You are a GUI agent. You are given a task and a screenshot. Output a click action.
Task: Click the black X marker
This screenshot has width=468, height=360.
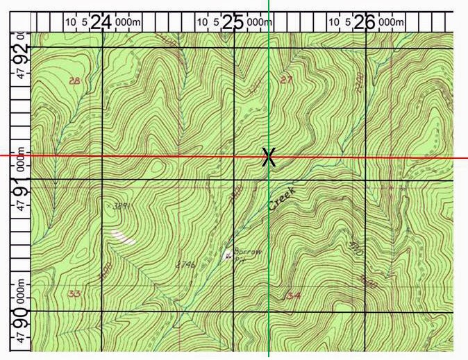[269, 157]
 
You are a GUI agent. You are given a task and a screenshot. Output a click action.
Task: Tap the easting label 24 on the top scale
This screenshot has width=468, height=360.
[101, 23]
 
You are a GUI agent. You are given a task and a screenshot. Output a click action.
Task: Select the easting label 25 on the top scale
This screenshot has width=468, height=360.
[234, 23]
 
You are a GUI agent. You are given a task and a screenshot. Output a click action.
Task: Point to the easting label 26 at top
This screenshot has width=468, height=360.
[365, 23]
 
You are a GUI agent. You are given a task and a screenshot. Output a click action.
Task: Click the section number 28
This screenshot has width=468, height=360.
[75, 81]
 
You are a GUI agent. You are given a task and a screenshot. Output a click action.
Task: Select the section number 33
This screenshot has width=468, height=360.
[74, 294]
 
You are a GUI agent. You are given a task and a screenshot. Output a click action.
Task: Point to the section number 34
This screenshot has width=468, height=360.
[293, 296]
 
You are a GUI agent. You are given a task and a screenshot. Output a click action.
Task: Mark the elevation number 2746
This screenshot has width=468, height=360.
[184, 264]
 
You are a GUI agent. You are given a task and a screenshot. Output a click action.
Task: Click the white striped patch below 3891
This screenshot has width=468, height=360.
[123, 237]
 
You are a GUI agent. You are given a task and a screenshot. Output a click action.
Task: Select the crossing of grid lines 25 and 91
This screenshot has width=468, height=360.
[234, 180]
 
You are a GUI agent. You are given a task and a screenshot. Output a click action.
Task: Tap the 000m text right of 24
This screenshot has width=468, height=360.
[127, 23]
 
